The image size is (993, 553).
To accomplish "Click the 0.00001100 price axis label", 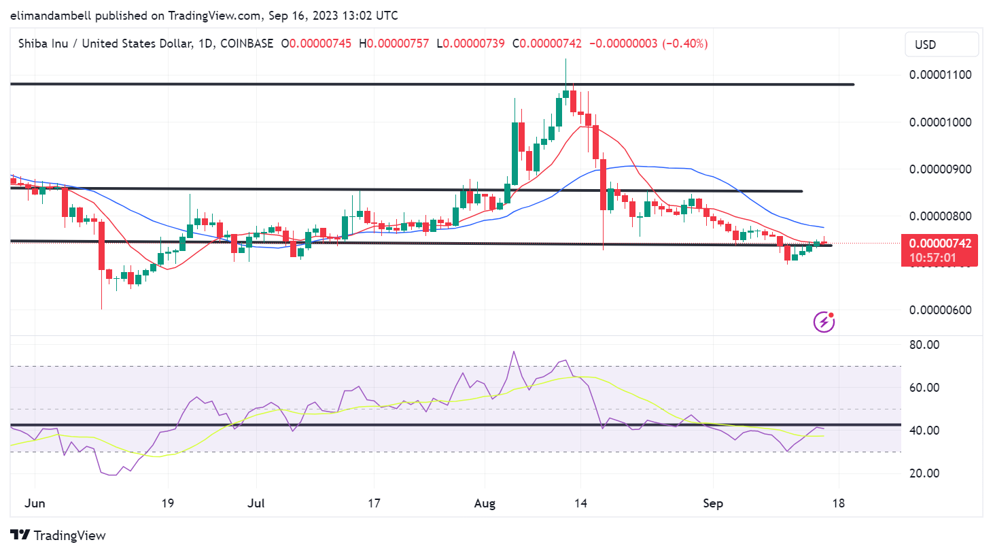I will coord(940,75).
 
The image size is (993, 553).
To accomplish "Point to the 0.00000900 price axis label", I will coord(940,169).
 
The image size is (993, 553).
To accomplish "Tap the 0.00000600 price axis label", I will coord(940,310).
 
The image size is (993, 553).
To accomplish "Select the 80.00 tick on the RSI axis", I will coord(924,345).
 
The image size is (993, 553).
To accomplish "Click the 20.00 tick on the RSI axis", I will coord(924,473).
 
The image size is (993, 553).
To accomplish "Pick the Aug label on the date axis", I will coord(485,503).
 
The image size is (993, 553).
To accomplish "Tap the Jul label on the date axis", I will coord(256,503).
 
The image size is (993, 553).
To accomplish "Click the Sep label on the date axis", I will coord(712,503).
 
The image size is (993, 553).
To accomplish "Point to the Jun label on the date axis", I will coord(35,503).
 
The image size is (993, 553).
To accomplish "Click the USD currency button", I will coord(941,45).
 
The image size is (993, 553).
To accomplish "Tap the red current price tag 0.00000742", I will coord(939,244).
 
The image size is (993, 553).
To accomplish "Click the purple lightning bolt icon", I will coord(824,322).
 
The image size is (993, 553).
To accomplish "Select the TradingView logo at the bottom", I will coord(58,535).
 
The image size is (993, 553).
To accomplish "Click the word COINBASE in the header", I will coord(247,44).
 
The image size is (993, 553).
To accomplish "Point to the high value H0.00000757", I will coord(394,44).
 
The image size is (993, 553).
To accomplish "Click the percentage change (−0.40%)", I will coord(685,44).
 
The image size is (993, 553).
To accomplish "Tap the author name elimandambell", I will coord(51,15).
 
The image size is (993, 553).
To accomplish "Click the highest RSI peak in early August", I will coord(514,352).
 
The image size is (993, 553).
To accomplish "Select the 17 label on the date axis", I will coord(374,503).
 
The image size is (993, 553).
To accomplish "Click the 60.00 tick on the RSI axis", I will coord(924,388).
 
